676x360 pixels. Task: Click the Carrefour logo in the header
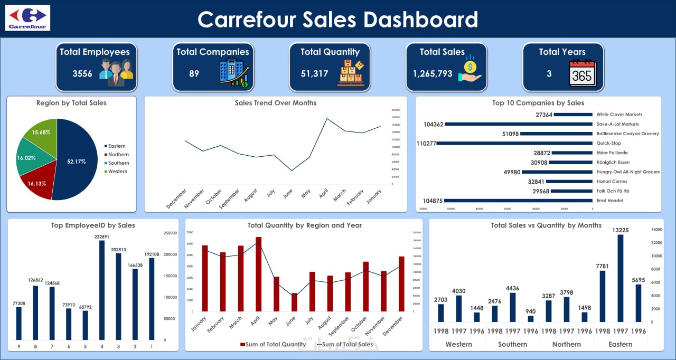point(27,17)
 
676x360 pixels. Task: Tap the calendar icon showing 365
point(581,73)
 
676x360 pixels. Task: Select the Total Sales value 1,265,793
point(429,73)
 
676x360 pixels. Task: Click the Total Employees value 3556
point(82,73)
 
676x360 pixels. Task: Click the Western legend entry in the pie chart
point(117,172)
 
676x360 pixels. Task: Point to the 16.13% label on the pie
point(36,183)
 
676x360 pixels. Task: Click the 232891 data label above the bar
point(102,236)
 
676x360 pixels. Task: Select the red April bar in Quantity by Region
point(259,274)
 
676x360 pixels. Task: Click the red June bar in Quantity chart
point(294,302)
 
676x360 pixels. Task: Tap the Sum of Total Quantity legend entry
point(273,345)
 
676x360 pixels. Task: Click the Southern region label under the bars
point(512,344)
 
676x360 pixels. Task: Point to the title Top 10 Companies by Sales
point(538,103)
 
